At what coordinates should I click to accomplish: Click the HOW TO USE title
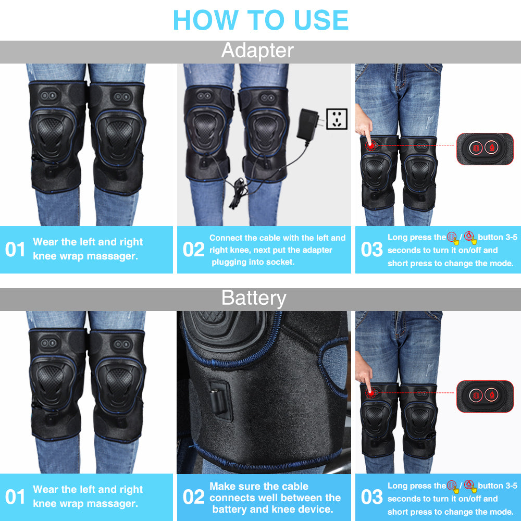click(x=260, y=20)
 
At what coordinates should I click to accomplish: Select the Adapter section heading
click(x=257, y=51)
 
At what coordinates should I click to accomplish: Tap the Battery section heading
click(x=254, y=298)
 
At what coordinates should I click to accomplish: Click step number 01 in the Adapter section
click(x=15, y=250)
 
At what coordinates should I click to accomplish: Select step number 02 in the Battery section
click(x=193, y=497)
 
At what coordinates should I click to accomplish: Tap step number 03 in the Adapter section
click(x=371, y=250)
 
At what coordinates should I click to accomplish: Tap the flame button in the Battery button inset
click(x=491, y=395)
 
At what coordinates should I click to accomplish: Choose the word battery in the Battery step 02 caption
click(x=232, y=509)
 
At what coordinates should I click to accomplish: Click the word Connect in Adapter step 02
click(x=226, y=238)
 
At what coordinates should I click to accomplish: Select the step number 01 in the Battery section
click(x=15, y=497)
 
